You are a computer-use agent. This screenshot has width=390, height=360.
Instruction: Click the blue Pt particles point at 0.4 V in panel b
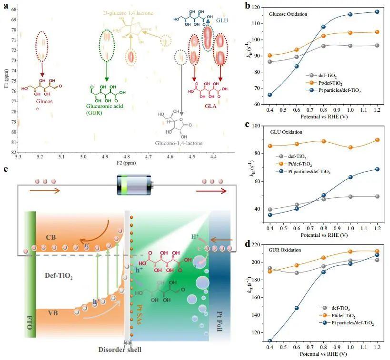[270, 95]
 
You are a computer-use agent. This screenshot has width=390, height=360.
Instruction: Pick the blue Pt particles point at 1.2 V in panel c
[377, 169]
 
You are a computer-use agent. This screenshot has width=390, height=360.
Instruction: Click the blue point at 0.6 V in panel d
[296, 308]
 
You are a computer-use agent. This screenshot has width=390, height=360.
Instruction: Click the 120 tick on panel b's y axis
[258, 7]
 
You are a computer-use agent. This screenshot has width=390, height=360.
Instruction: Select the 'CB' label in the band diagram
[52, 237]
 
